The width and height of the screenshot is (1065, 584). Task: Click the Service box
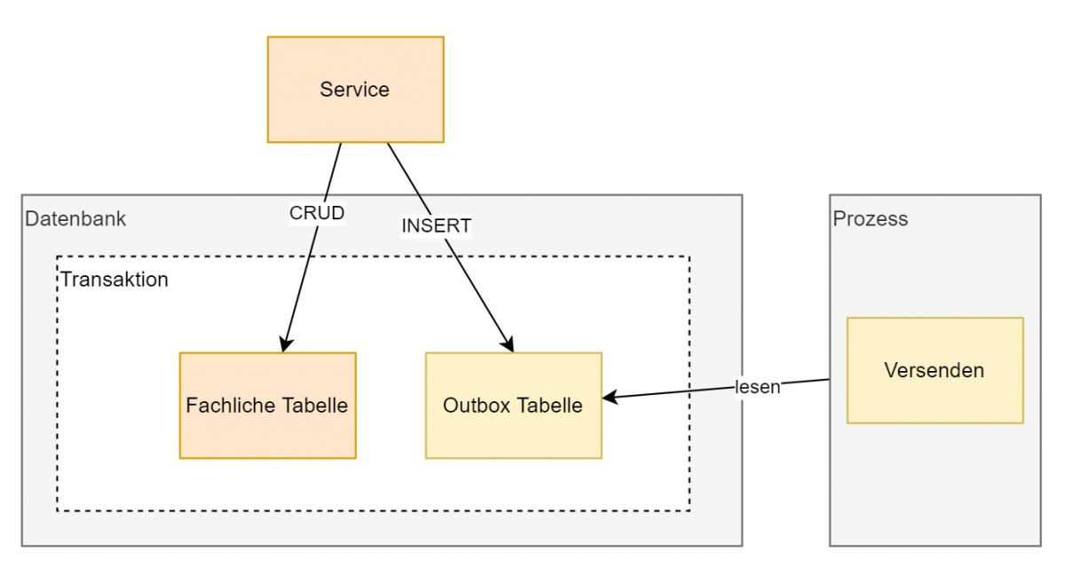[x=355, y=89]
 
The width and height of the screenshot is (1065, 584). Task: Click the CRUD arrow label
[x=317, y=213]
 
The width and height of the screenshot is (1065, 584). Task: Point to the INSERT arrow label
[x=436, y=226]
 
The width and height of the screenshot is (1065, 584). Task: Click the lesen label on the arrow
[x=757, y=387]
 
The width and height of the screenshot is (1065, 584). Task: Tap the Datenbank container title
[x=75, y=219]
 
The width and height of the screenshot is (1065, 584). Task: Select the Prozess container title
[x=870, y=219]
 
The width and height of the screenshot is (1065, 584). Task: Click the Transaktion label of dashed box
[x=114, y=280]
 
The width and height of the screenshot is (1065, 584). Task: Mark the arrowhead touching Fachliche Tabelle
[x=286, y=344]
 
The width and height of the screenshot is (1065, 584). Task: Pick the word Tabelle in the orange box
[x=315, y=406]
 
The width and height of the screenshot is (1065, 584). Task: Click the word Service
[x=355, y=90]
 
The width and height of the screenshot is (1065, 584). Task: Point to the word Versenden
[x=935, y=370]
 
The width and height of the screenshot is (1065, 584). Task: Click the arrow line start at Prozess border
[x=829, y=380]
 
